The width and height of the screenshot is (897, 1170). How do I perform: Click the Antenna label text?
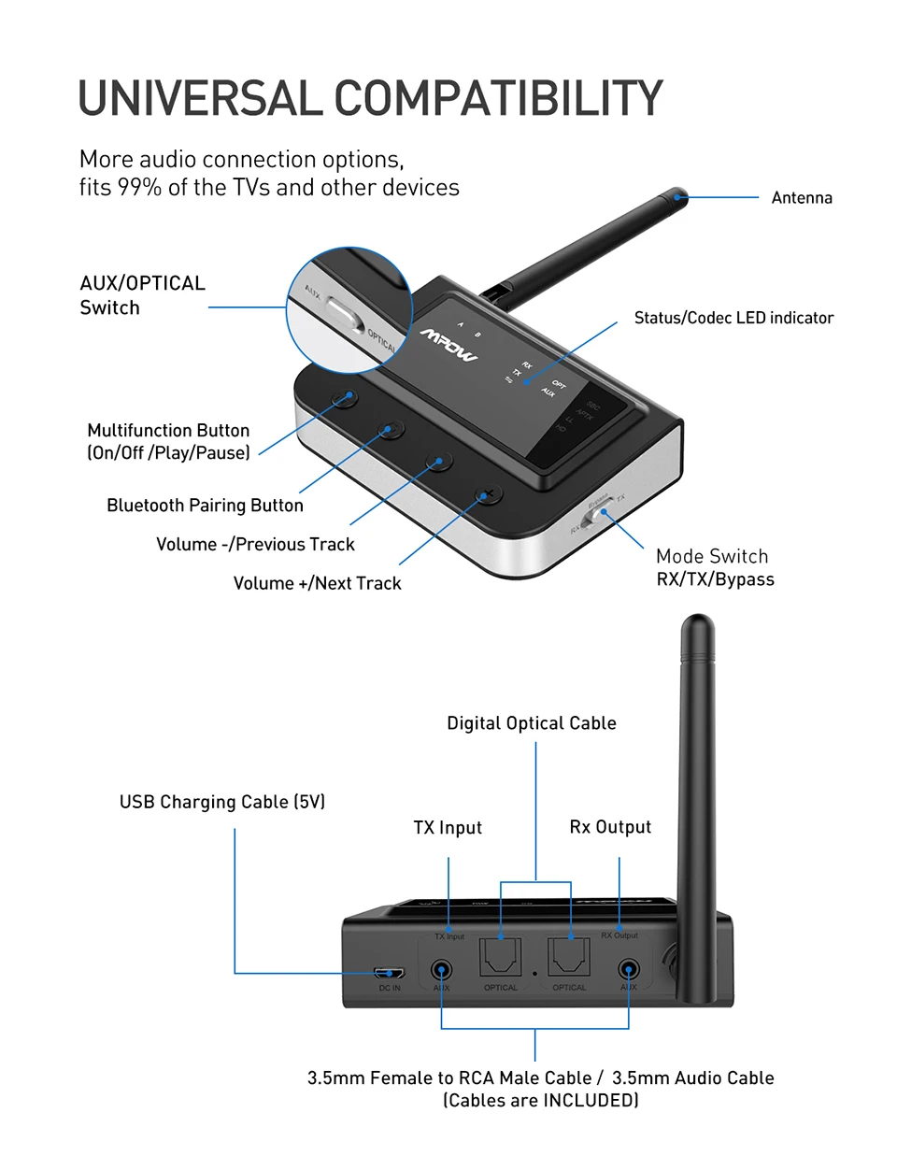(801, 198)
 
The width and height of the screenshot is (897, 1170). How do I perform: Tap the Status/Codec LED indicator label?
(733, 318)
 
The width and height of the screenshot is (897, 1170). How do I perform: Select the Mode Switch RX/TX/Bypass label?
(715, 567)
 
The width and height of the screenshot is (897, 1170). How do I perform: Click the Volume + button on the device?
(487, 493)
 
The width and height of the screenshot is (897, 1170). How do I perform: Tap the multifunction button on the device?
(345, 397)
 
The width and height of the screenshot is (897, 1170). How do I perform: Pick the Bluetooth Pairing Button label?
(205, 506)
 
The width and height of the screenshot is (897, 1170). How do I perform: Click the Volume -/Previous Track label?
(255, 545)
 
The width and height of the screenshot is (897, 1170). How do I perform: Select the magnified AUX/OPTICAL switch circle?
(348, 311)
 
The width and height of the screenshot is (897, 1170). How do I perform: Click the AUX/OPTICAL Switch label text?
(141, 295)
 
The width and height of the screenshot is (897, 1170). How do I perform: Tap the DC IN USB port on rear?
(389, 973)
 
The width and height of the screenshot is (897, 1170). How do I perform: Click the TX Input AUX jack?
(441, 971)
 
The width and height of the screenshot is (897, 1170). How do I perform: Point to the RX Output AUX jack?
(629, 971)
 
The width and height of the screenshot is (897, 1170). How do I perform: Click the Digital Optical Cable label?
(531, 723)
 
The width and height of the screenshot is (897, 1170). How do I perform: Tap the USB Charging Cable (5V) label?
(221, 802)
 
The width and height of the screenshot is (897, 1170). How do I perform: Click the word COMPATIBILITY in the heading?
(498, 99)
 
